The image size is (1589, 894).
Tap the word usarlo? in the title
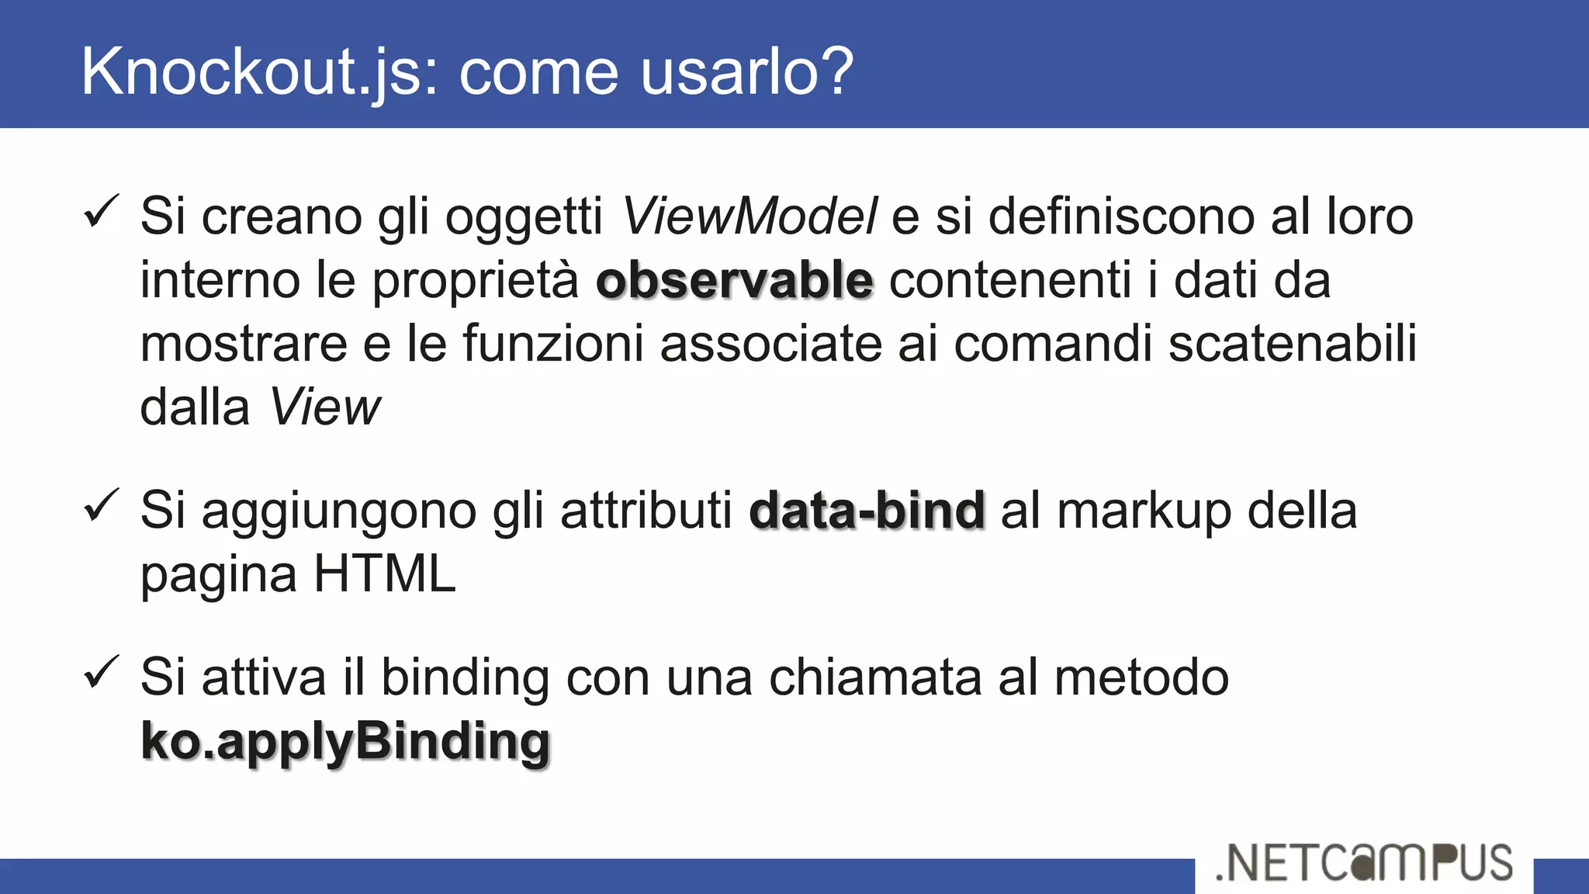[x=747, y=71]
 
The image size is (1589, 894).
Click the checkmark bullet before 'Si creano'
[x=102, y=211]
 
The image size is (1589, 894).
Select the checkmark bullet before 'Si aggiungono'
[x=102, y=505]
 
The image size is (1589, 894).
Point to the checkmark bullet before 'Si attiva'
[x=102, y=672]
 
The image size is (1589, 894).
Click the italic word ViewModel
[x=749, y=216]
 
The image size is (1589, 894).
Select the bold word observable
[x=734, y=280]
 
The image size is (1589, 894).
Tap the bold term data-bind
[x=867, y=511]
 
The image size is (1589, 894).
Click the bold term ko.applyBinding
[x=345, y=741]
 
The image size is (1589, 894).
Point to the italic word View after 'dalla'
[x=325, y=407]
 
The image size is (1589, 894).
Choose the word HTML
[x=385, y=574]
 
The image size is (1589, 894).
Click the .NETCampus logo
[x=1364, y=863]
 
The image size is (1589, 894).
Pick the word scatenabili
[x=1293, y=344]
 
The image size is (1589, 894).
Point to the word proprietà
[x=476, y=282]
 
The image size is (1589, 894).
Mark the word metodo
[x=1141, y=677]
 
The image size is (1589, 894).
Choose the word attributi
[x=646, y=511]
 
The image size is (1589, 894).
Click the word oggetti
[x=524, y=217]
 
